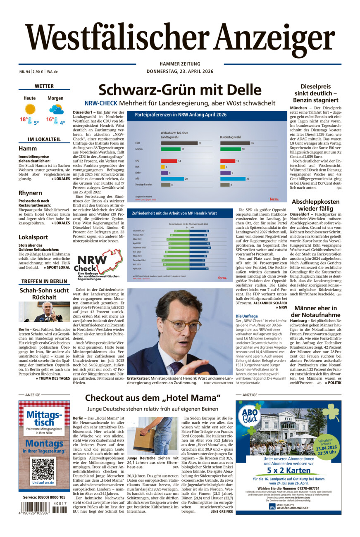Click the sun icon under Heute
point(30,109)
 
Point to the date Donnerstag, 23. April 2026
point(180,71)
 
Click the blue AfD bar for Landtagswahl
point(172,179)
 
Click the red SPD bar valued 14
point(169,161)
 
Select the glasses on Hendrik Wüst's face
point(182,325)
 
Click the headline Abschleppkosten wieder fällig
point(316,205)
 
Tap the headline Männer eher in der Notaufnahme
point(316,312)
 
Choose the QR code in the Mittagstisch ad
point(43,468)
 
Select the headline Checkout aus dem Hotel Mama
point(153,398)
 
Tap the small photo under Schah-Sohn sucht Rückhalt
point(44,311)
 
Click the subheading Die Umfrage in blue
point(246,316)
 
